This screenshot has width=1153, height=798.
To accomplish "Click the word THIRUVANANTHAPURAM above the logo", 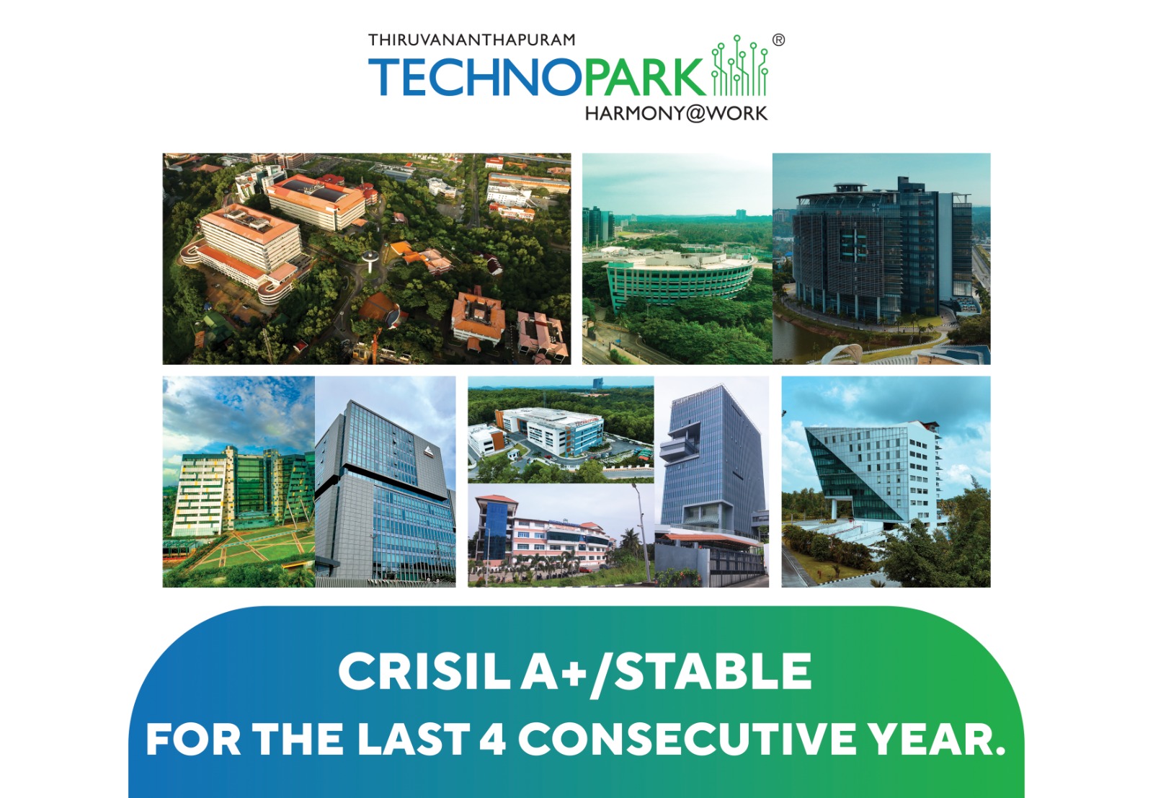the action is point(471,40).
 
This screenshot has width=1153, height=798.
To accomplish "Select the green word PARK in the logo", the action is point(644,77).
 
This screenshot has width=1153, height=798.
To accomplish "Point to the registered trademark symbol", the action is point(779,40).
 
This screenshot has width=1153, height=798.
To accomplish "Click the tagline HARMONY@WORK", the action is point(677,113).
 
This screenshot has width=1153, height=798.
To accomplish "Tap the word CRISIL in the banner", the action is point(424,671).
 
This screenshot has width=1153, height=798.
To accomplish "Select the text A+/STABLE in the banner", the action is point(666,673).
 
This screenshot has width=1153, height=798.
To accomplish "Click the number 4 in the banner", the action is point(492,739).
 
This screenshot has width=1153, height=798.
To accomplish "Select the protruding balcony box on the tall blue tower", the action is point(677,448).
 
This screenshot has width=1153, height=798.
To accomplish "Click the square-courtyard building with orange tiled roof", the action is point(478,316).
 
